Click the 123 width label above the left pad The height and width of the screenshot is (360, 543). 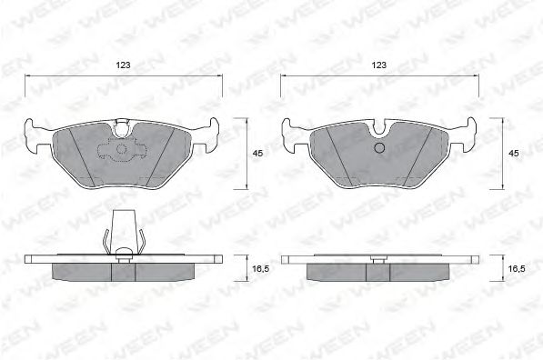tap(124, 65)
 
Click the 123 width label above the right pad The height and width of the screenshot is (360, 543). tap(379, 65)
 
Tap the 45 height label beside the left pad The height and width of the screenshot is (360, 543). tap(257, 153)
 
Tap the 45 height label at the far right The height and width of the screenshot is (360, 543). tap(514, 153)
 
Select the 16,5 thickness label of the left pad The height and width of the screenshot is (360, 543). tap(260, 268)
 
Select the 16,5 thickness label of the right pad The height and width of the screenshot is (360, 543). tap(517, 268)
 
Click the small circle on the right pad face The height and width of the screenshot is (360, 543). tap(380, 148)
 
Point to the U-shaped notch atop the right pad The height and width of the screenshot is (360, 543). tap(380, 127)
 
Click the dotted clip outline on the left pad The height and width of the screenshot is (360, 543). tap(123, 149)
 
